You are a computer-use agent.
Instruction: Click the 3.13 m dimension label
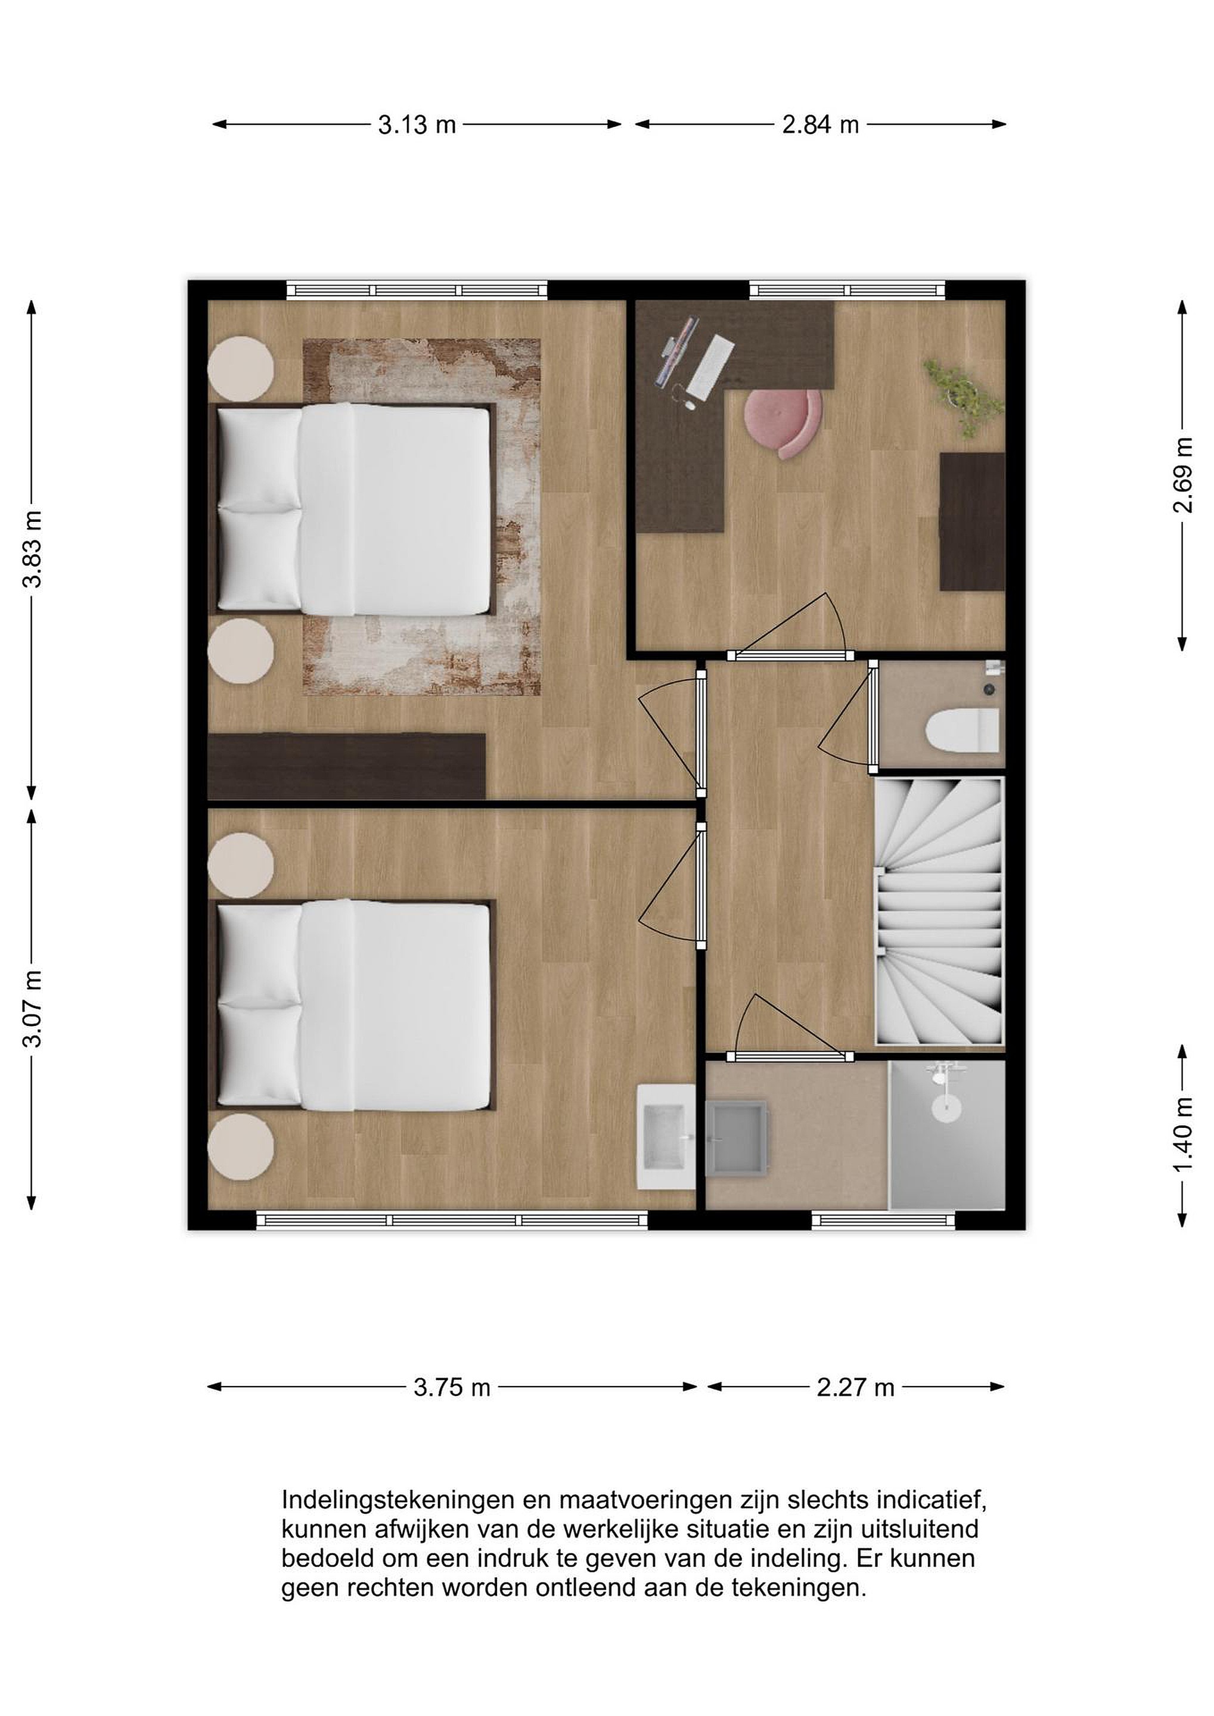tap(417, 125)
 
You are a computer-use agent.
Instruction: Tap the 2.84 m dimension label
tap(820, 125)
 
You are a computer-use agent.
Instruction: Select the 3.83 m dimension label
tap(32, 550)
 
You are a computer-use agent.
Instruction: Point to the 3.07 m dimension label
tap(32, 1009)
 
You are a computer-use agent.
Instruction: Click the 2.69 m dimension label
tap(1182, 475)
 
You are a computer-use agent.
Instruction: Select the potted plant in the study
tap(963, 396)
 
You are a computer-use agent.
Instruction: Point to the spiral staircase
tap(939, 911)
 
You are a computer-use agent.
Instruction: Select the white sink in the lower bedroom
tap(666, 1136)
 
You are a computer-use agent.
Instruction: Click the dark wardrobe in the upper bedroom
tap(347, 766)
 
